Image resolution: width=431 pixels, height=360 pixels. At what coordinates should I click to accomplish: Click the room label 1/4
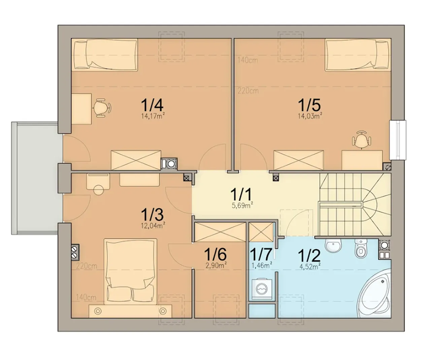click(x=152, y=105)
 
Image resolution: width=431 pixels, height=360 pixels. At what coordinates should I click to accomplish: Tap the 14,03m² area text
click(x=310, y=116)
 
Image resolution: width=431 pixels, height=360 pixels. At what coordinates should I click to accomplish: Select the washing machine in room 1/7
click(x=262, y=289)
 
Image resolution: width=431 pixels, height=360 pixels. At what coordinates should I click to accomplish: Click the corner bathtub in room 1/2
click(x=375, y=293)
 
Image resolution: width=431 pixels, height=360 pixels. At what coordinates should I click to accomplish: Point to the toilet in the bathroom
click(x=361, y=248)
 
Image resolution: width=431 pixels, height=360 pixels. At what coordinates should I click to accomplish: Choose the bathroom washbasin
click(x=333, y=246)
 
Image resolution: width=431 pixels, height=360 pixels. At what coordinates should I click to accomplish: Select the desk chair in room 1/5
click(x=361, y=140)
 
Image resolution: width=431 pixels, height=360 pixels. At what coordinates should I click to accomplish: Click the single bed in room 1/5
click(x=358, y=55)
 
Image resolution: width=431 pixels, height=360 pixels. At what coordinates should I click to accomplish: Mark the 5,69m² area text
click(x=242, y=205)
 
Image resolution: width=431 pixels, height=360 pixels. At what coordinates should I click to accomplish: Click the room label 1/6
click(x=215, y=254)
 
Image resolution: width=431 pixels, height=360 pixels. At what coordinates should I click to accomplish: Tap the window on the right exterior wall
click(x=398, y=140)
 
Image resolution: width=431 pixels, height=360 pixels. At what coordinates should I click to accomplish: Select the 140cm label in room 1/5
click(x=247, y=60)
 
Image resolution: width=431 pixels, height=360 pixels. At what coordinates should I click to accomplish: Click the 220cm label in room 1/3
click(x=87, y=266)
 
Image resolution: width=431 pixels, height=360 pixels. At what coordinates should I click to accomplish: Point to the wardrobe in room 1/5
click(x=298, y=160)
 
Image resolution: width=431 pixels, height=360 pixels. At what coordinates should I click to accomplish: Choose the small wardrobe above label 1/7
click(x=261, y=232)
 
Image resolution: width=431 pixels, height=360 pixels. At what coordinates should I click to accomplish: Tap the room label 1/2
click(x=309, y=256)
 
